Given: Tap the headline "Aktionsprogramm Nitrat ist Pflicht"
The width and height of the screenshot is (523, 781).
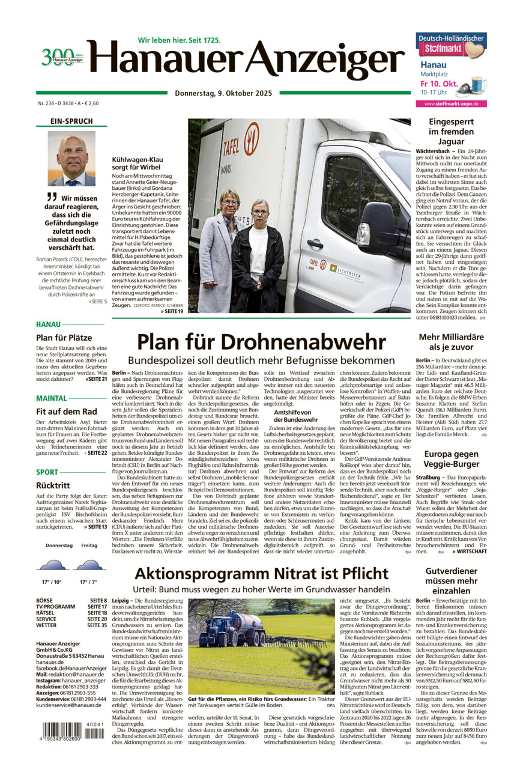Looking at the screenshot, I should pyautogui.click(x=261, y=573).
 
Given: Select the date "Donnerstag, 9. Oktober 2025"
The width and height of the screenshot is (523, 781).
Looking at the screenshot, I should pyautogui.click(x=223, y=93).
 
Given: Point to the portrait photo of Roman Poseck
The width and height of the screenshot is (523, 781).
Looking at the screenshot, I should pyautogui.click(x=71, y=159).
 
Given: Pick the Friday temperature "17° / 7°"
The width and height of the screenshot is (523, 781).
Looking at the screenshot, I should pyautogui.click(x=88, y=582).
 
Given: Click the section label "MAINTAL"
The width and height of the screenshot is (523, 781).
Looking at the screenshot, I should pyautogui.click(x=51, y=398).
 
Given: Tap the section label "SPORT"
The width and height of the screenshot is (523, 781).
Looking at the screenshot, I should pyautogui.click(x=47, y=472).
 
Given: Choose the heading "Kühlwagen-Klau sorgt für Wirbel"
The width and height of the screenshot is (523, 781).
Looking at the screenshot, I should pyautogui.click(x=138, y=164).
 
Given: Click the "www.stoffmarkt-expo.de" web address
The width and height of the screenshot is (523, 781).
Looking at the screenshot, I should pyautogui.click(x=451, y=104).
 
